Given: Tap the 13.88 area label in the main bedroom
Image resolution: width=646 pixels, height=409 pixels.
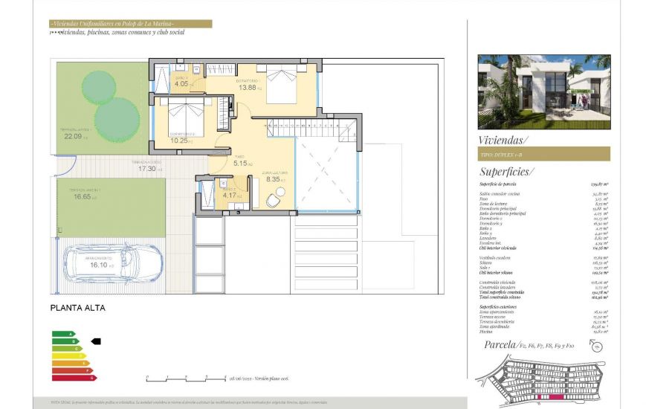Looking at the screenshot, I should [248, 88].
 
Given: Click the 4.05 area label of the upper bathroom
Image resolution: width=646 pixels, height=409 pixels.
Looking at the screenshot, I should [181, 84].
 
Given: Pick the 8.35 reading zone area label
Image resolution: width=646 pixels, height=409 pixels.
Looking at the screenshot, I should [272, 179].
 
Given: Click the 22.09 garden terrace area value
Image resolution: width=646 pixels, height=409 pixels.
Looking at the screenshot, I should [73, 136].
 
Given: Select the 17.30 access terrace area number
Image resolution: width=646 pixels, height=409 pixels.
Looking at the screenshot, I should [146, 169].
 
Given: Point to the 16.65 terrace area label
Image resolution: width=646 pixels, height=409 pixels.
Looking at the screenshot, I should [82, 197].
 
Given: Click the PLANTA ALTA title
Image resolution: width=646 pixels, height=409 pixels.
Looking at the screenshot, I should [77, 307].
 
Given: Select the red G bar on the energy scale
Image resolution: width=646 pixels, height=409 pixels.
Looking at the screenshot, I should [74, 378].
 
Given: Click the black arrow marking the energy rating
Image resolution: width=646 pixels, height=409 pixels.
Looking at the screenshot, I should [95, 341].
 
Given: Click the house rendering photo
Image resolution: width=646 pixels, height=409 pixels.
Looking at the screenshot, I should [543, 91].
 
